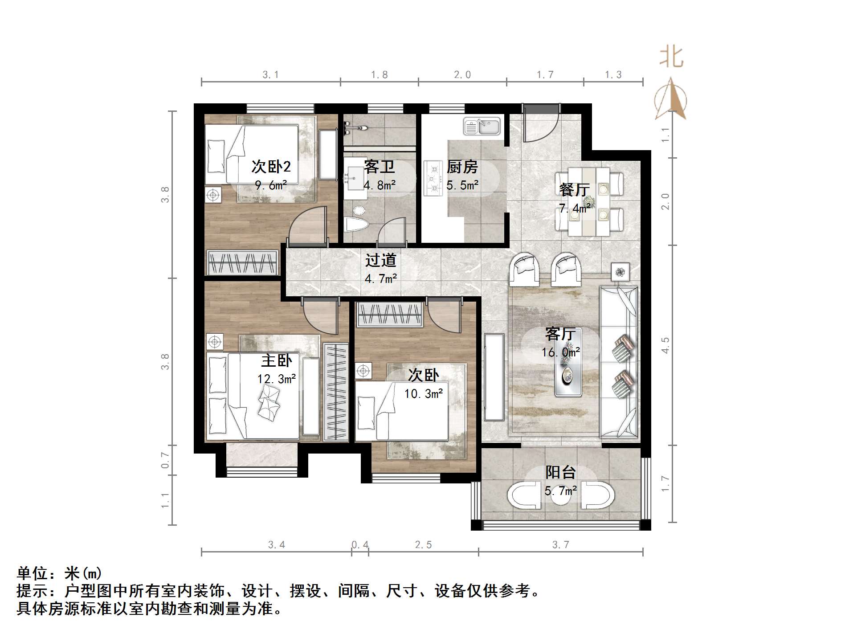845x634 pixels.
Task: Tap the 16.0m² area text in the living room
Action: point(560,352)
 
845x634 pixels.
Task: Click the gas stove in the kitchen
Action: point(431,178)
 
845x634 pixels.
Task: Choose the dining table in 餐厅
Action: point(589,201)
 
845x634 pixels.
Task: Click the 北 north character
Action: point(671,58)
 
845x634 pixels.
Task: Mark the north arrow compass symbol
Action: point(670,100)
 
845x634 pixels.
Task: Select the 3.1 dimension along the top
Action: point(270,75)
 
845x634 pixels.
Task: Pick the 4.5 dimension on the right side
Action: point(665,345)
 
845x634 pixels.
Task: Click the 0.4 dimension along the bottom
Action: point(360,544)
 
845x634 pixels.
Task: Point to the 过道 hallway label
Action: point(380,260)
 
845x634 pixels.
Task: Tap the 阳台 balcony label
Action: point(560,472)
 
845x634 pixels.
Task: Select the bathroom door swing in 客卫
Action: point(392,232)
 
